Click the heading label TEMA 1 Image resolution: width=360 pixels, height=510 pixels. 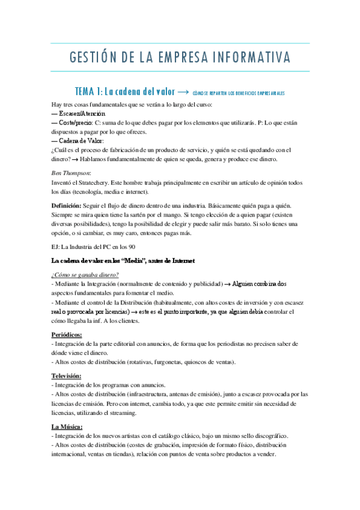tap(88, 92)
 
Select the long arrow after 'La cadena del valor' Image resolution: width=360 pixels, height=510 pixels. tap(185, 92)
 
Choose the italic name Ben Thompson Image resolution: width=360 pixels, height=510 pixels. tap(71, 173)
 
